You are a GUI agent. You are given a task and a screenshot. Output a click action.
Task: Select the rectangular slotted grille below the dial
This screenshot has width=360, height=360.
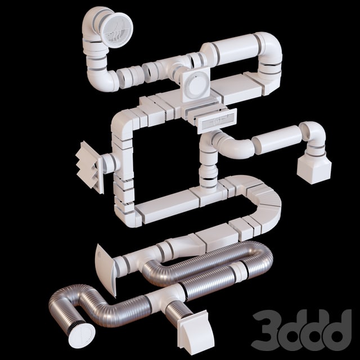pos(217,120)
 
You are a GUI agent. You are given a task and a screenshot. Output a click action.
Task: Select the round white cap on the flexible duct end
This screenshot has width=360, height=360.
pos(81,334)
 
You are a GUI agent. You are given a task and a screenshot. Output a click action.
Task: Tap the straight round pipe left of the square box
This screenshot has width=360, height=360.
pos(276,140)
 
